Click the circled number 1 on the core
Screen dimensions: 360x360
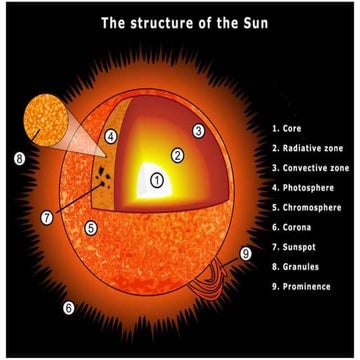pyautogui.click(x=156, y=181)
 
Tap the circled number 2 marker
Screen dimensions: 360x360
pyautogui.click(x=177, y=155)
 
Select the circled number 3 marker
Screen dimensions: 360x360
pyautogui.click(x=199, y=130)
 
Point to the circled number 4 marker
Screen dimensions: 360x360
pyautogui.click(x=111, y=136)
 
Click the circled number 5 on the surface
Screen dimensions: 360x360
pyautogui.click(x=90, y=228)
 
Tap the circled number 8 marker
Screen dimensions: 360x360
pyautogui.click(x=20, y=158)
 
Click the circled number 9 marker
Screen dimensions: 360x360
pyautogui.click(x=246, y=253)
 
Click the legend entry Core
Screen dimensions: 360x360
pyautogui.click(x=293, y=129)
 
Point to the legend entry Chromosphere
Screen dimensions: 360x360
pyautogui.click(x=311, y=207)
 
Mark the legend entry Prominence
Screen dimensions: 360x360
pyautogui.click(x=305, y=286)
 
